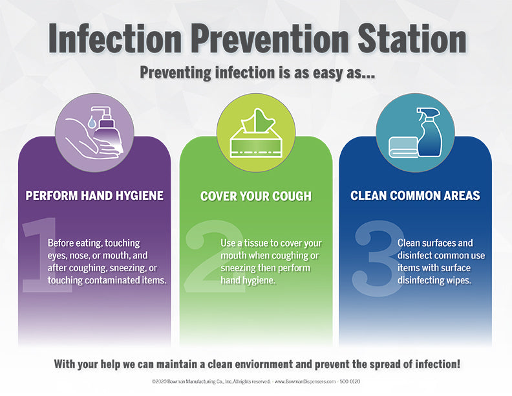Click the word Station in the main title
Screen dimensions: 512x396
412,39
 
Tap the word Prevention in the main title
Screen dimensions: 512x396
270,39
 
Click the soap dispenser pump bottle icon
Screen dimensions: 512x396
106,130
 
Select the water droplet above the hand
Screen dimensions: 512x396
92,122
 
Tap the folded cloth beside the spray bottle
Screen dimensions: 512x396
403,148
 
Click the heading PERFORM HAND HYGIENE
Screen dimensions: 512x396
94,195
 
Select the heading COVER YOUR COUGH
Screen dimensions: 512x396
256,196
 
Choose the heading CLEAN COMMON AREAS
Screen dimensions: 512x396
415,195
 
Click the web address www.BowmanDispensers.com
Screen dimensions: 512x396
305,381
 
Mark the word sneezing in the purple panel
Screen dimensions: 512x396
127,269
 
